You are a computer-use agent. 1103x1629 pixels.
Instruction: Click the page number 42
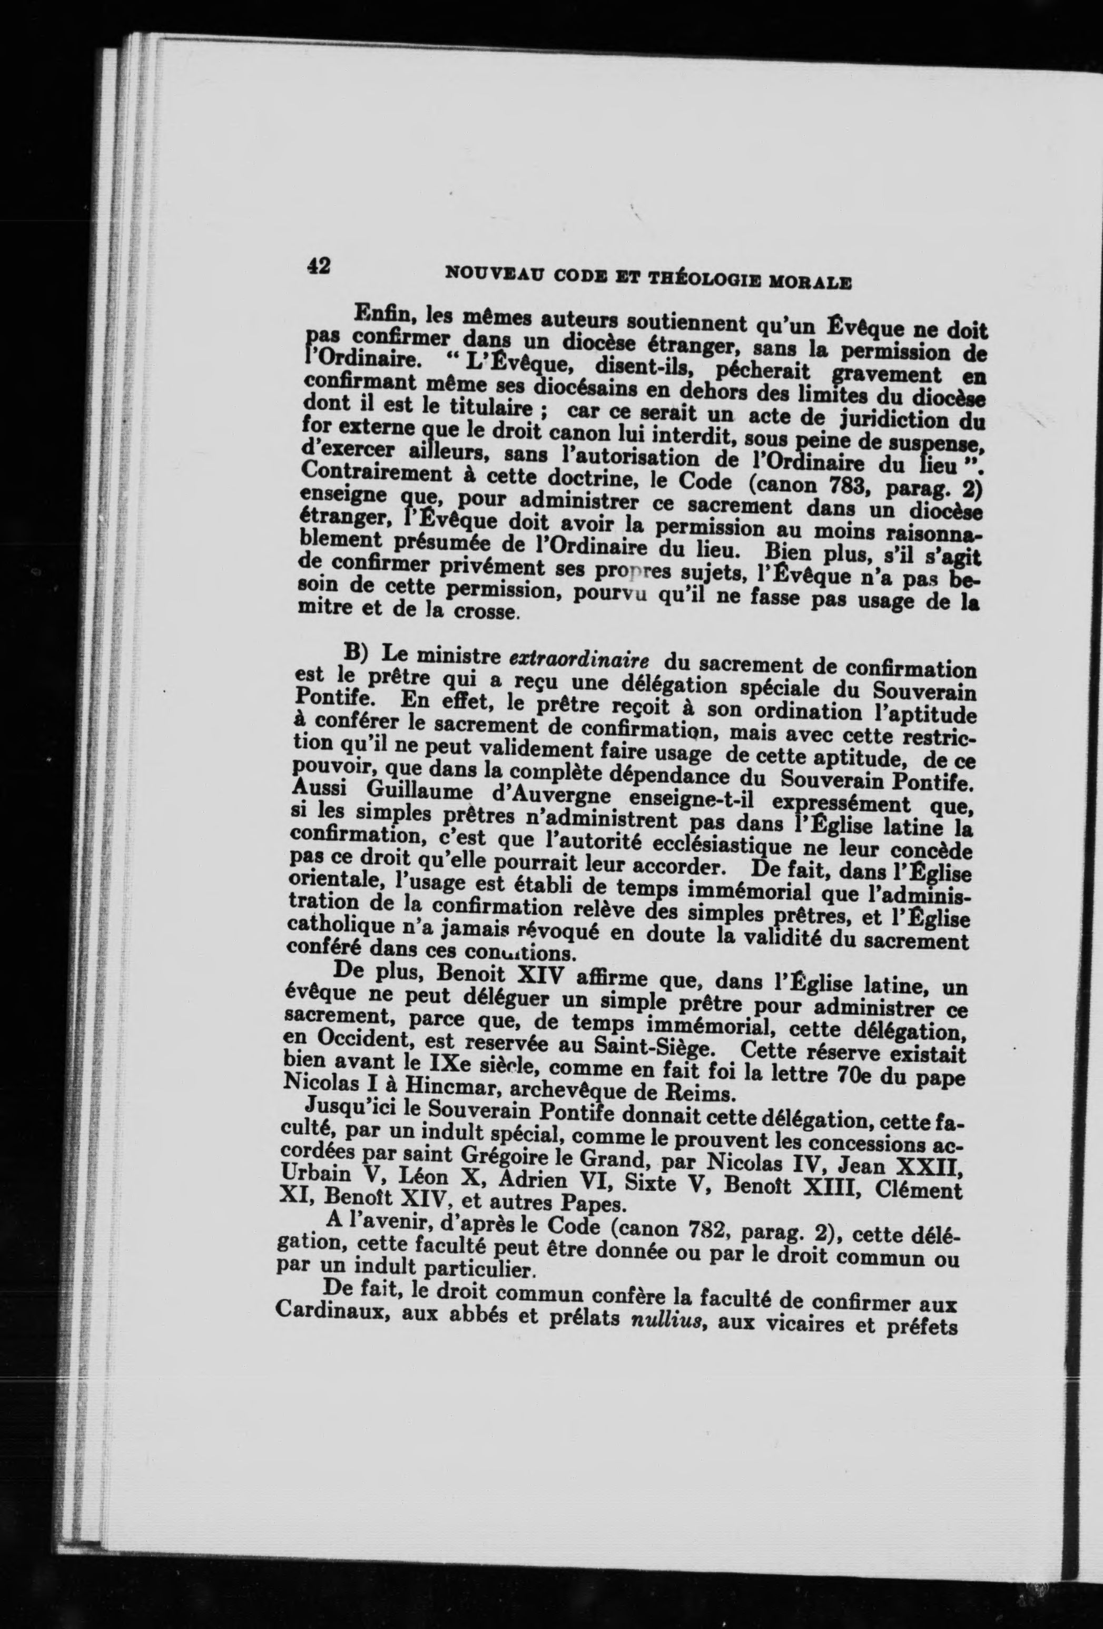click(x=319, y=266)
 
